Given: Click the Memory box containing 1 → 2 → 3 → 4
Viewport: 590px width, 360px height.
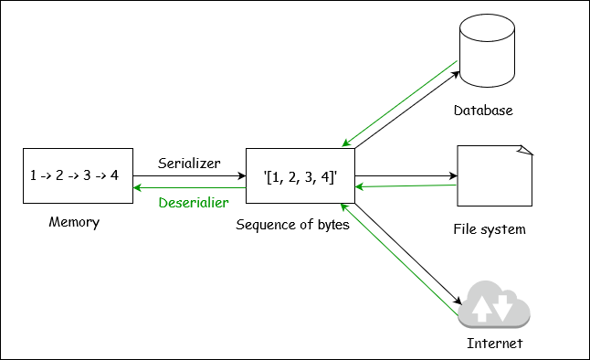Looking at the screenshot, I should [x=77, y=175].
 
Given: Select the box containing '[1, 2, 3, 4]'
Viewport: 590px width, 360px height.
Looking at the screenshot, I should [x=300, y=175].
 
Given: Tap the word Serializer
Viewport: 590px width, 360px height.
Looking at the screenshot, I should [x=189, y=163].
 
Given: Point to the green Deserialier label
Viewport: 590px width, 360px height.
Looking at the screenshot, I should [x=194, y=202].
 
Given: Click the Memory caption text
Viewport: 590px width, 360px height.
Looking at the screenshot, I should [x=73, y=222].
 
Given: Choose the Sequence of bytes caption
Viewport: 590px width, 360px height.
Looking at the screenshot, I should [x=292, y=224].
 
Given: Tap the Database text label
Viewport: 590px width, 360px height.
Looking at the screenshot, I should [x=483, y=111].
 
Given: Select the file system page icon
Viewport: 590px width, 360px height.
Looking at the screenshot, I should [x=494, y=176].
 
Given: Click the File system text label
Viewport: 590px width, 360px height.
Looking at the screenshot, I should [x=490, y=228].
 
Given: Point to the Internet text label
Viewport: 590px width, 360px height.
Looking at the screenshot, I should [x=494, y=344].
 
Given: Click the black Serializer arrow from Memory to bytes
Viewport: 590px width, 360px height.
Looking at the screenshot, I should [x=189, y=175].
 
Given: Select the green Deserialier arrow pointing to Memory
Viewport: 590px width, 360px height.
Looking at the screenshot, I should [x=189, y=186].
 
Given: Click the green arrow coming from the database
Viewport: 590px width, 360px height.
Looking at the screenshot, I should [x=399, y=103].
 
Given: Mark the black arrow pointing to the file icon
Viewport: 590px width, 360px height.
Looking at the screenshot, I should [x=406, y=175].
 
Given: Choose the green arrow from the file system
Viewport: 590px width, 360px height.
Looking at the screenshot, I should [x=406, y=186].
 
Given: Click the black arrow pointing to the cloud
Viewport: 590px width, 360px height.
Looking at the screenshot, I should [x=407, y=255].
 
